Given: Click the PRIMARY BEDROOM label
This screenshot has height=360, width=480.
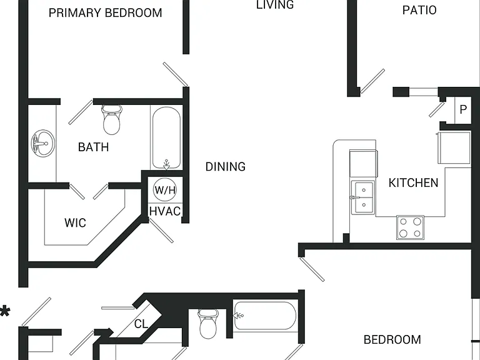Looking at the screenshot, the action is (x=105, y=13).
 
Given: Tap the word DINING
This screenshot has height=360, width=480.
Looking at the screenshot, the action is (x=225, y=166).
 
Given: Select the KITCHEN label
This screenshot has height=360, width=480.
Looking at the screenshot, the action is (x=413, y=182).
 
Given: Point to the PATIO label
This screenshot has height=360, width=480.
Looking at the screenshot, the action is (x=419, y=10).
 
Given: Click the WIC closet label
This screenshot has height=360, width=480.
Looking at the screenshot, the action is (x=75, y=223).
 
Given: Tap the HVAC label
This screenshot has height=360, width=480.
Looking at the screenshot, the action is (x=165, y=211).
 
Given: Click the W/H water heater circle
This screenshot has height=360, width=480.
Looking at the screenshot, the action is (x=165, y=190).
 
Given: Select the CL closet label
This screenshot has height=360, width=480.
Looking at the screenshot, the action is (x=141, y=324).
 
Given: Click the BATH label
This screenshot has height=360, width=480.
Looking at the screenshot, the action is (x=93, y=147).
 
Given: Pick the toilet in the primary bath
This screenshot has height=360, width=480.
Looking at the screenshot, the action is (x=111, y=120).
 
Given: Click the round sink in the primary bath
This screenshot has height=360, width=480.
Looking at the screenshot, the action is (x=43, y=143).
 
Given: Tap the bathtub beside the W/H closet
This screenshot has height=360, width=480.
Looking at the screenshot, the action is (x=166, y=137).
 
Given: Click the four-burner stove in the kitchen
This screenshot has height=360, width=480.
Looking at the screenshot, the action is (x=410, y=227).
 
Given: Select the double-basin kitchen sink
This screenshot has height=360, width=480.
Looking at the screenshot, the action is (x=362, y=197).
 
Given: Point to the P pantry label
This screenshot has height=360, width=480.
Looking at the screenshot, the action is (x=463, y=109).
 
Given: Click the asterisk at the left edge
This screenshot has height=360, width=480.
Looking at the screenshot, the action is (x=5, y=312).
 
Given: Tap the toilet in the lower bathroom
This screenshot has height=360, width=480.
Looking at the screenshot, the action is (x=208, y=324).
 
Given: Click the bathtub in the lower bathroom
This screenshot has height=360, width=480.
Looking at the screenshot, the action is (x=265, y=316).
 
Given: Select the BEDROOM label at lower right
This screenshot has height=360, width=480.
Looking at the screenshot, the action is (x=392, y=339).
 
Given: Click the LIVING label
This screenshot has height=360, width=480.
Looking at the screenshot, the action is (x=275, y=4).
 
